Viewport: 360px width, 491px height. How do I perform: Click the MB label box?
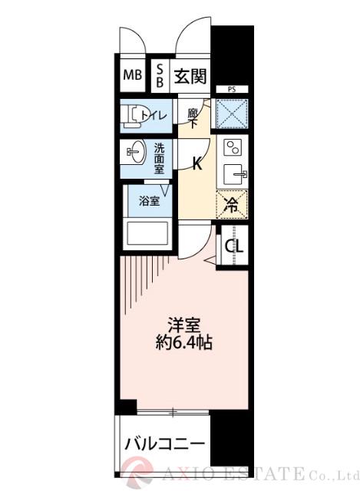[132, 76]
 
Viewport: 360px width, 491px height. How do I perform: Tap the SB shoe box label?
[159, 76]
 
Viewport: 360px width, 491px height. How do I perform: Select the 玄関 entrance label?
[189, 76]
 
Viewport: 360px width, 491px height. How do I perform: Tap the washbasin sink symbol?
[135, 152]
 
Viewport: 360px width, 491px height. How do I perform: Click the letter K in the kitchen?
[197, 163]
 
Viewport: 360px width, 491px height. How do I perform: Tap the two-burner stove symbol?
[232, 147]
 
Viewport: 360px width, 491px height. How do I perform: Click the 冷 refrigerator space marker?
[232, 204]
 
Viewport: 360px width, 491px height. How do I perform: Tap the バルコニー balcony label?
[164, 445]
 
